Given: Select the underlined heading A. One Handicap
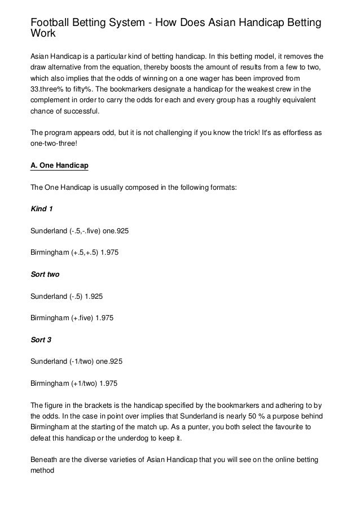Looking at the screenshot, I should click(x=59, y=167).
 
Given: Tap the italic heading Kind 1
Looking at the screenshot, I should click(x=41, y=209).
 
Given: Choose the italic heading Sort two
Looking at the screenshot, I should click(x=45, y=274).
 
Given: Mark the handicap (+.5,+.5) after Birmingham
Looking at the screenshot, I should click(x=86, y=252).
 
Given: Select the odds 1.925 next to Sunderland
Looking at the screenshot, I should click(x=92, y=296).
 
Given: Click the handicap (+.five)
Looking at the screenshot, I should click(x=82, y=318).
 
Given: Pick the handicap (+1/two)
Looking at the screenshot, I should click(x=84, y=383).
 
